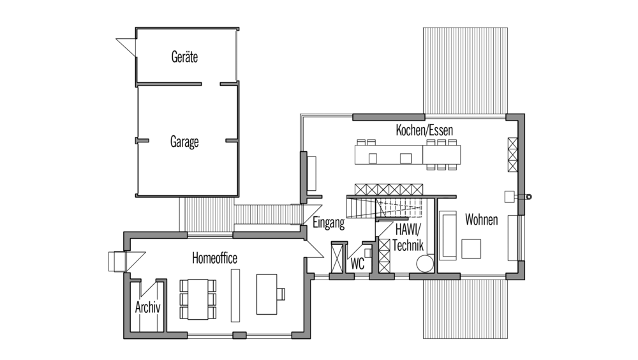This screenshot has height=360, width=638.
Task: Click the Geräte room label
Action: [x=184, y=57]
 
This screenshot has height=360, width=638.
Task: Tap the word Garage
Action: [x=184, y=142]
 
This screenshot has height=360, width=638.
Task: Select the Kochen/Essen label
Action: [x=424, y=130]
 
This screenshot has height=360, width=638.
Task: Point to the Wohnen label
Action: [x=481, y=220]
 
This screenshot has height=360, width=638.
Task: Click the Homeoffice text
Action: [x=214, y=258]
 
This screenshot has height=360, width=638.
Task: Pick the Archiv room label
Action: [x=148, y=307]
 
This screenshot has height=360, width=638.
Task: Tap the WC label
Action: [x=357, y=264]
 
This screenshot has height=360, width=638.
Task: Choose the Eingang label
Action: [x=329, y=223]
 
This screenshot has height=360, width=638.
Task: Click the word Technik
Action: [x=408, y=245]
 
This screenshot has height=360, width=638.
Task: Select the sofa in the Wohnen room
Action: [x=448, y=236]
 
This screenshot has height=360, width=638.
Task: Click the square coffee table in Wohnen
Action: [x=471, y=248]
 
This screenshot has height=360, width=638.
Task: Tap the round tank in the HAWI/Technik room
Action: [x=425, y=263]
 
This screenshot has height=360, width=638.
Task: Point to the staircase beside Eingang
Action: [x=385, y=207]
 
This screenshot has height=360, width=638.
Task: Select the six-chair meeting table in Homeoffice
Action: [x=198, y=299]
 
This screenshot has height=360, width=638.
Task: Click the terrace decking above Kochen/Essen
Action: [x=465, y=71]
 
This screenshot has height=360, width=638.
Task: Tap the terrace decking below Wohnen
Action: [x=465, y=309]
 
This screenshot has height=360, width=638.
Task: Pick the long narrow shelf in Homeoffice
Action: [x=235, y=296]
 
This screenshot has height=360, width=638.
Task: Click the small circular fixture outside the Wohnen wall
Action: [x=528, y=197]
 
